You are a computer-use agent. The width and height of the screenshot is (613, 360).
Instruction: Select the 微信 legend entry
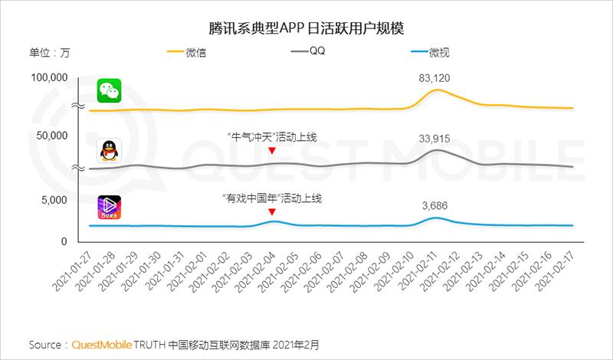195,53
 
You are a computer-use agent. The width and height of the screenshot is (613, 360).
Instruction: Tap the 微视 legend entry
439,53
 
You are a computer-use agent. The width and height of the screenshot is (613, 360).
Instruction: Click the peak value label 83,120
434,78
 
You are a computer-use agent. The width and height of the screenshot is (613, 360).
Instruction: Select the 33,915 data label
434,138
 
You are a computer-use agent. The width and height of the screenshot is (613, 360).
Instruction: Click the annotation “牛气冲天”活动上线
272,137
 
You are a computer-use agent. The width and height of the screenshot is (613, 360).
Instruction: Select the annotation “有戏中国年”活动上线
272,198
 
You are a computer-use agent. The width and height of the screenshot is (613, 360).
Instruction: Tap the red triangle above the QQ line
272,151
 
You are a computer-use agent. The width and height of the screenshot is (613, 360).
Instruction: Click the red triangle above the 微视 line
272,212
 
